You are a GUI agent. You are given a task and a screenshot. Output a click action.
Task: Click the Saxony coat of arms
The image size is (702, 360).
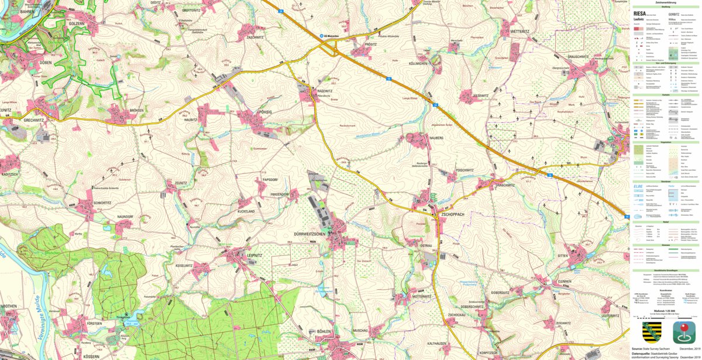pyautogui.click(x=651, y=332)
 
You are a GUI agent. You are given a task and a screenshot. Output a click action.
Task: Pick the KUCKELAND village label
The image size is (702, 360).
pyautogui.click(x=246, y=211)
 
